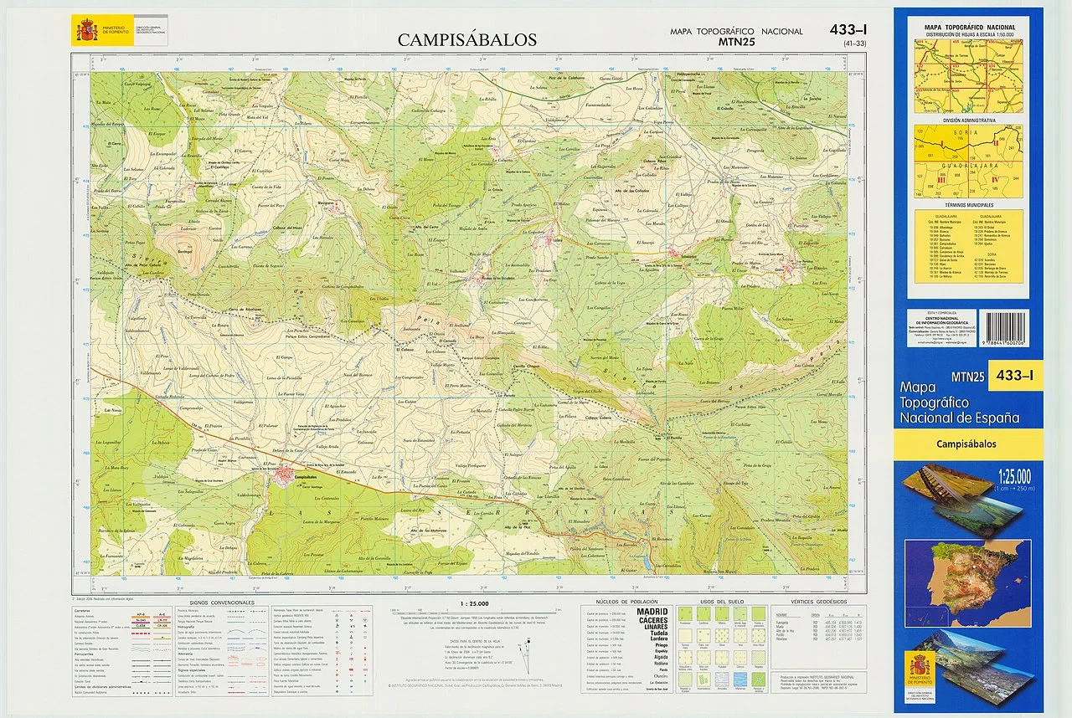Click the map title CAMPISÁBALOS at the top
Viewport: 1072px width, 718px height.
pyautogui.click(x=466, y=40)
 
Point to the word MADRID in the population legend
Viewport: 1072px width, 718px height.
pyautogui.click(x=652, y=613)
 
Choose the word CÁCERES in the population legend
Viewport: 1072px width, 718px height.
pyautogui.click(x=652, y=620)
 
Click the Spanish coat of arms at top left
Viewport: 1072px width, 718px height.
pyautogui.click(x=87, y=31)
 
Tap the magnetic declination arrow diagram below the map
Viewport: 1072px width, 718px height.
pyautogui.click(x=527, y=648)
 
